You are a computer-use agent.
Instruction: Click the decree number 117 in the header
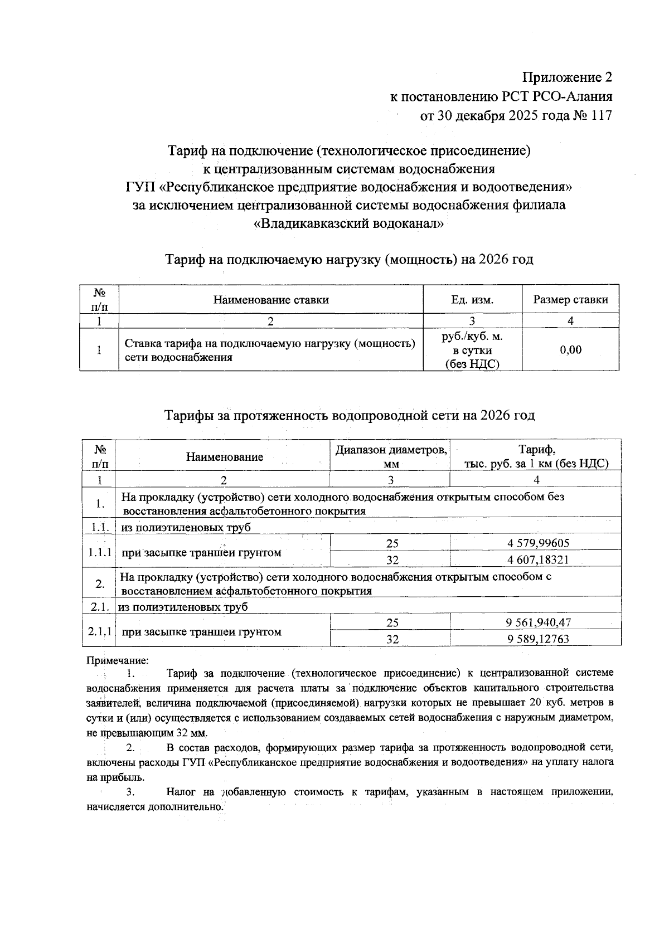point(601,115)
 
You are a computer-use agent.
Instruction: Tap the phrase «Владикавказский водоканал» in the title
point(348,224)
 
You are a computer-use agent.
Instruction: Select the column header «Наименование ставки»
point(271,300)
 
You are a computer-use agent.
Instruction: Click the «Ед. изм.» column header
point(472,300)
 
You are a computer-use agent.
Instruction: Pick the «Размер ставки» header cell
point(570,300)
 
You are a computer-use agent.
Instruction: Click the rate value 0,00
point(570,350)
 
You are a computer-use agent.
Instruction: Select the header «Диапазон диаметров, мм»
point(391,456)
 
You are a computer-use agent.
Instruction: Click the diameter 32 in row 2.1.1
point(392,639)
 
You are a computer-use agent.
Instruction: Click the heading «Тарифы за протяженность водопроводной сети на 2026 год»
point(349,415)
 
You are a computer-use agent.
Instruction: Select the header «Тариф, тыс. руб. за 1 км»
point(536,456)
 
